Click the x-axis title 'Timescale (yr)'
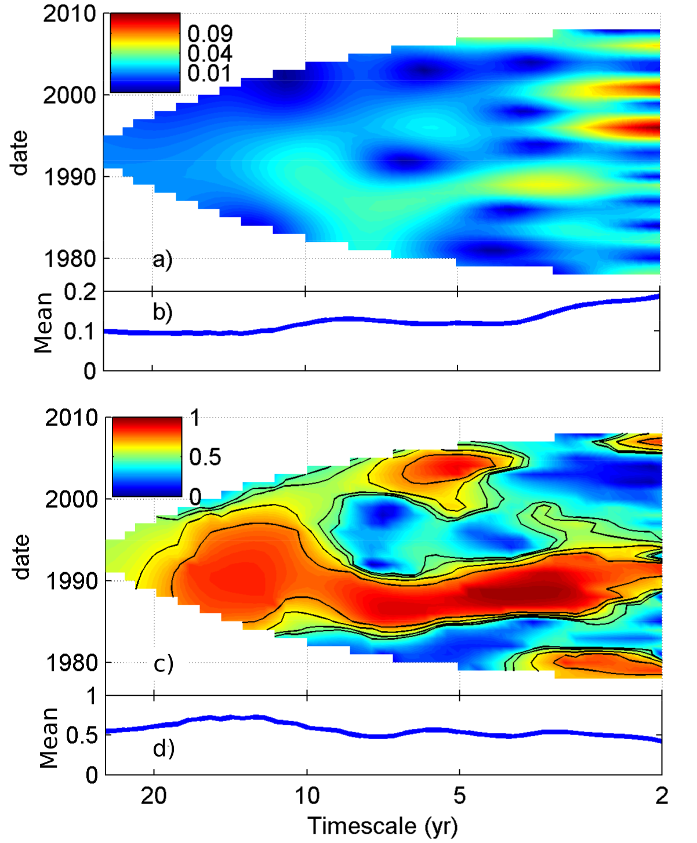(x=382, y=826)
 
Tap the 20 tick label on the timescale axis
(x=154, y=795)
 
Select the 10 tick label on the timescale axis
(x=307, y=795)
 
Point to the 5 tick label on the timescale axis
(x=459, y=795)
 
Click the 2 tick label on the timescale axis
(x=662, y=795)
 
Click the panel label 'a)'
(x=162, y=260)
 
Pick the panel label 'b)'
(x=162, y=312)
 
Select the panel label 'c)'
(x=164, y=664)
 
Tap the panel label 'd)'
(x=164, y=748)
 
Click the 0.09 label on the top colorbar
(x=210, y=34)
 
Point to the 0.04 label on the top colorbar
(x=210, y=54)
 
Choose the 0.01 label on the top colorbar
(x=210, y=74)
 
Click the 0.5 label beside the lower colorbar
(x=205, y=457)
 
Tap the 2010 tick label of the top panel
(x=70, y=14)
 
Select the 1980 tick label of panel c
(x=72, y=662)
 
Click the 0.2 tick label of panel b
(x=80, y=292)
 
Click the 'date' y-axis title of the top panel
(x=20, y=152)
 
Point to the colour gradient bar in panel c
(x=147, y=457)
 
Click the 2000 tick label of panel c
(x=72, y=499)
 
